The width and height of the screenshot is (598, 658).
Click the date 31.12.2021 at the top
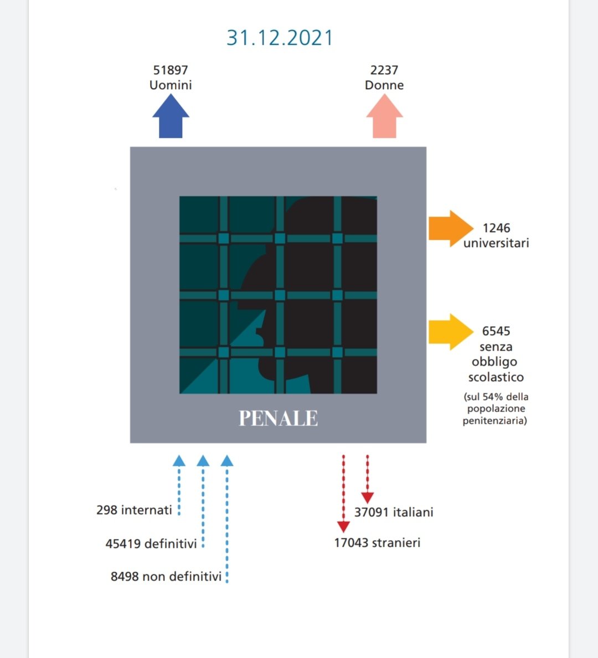[x=280, y=38]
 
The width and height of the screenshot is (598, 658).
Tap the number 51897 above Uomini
[x=171, y=70]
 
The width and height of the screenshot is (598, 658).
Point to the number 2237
[x=384, y=70]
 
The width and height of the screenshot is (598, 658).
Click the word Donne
[x=384, y=85]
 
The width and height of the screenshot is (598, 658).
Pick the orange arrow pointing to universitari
[x=450, y=228]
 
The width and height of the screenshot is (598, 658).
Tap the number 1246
[x=496, y=228]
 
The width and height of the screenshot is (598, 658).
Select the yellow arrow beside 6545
[x=450, y=332]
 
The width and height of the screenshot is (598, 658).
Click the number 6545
[x=496, y=331]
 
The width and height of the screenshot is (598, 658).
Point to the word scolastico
[x=496, y=377]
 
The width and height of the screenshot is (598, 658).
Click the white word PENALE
[x=278, y=418]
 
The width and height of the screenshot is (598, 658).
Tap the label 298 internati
[x=134, y=510]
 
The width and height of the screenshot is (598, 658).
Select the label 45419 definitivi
[x=151, y=544]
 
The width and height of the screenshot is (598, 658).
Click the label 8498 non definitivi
[x=166, y=577]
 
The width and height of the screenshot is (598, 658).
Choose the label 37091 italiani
[x=394, y=512]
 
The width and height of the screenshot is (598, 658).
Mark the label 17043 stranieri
[x=377, y=543]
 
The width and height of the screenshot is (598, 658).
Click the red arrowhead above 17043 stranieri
[x=343, y=526]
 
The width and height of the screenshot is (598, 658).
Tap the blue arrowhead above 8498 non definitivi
[x=227, y=461]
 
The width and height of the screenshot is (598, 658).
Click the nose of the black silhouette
[x=258, y=332]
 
